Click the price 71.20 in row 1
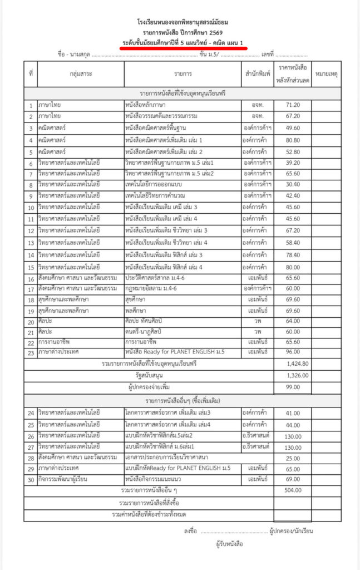tap(293, 104)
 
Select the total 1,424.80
tap(293, 363)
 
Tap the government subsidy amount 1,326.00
tap(293, 375)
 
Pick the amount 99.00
tap(293, 387)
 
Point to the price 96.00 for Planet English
tap(293, 352)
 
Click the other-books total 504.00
tap(293, 490)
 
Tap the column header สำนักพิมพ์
tap(257, 73)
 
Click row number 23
tap(31, 352)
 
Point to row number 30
tap(31, 479)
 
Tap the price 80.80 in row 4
tap(293, 139)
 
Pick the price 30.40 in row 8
tap(293, 184)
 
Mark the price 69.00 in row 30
tap(293, 479)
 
